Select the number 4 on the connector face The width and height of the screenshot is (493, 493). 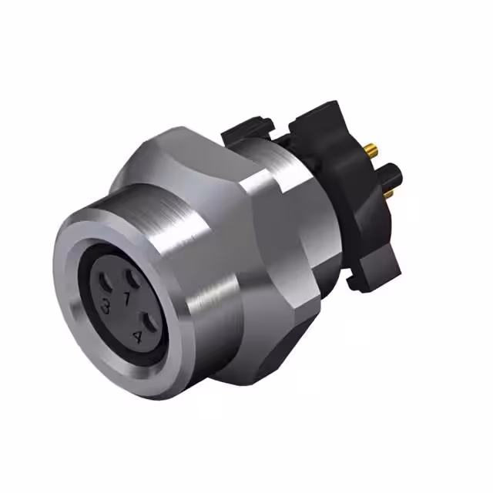click(x=138, y=335)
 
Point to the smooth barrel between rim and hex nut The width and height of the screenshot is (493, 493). click(x=185, y=231)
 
